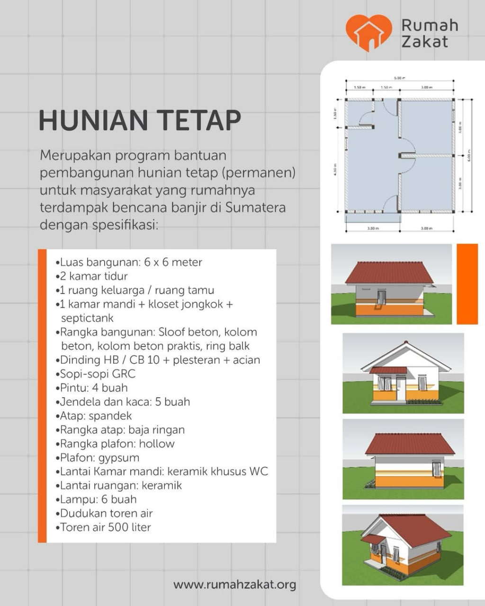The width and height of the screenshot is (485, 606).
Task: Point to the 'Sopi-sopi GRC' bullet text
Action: [97, 374]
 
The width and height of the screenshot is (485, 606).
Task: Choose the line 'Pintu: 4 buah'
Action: [93, 388]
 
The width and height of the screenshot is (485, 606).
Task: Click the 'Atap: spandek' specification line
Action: [96, 416]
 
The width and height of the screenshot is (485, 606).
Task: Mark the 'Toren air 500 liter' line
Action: [105, 527]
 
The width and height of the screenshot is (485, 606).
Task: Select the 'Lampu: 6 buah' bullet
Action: [98, 499]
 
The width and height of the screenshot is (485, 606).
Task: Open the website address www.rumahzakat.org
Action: [234, 585]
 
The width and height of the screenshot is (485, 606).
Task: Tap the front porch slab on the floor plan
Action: [373, 218]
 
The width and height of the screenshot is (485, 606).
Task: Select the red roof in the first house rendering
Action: [389, 272]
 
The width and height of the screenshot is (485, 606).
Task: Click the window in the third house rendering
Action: [436, 469]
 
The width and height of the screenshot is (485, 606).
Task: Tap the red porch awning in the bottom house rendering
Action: [373, 539]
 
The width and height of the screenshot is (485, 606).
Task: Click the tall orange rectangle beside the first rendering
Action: [467, 284]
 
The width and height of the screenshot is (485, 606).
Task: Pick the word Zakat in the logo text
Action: [424, 42]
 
